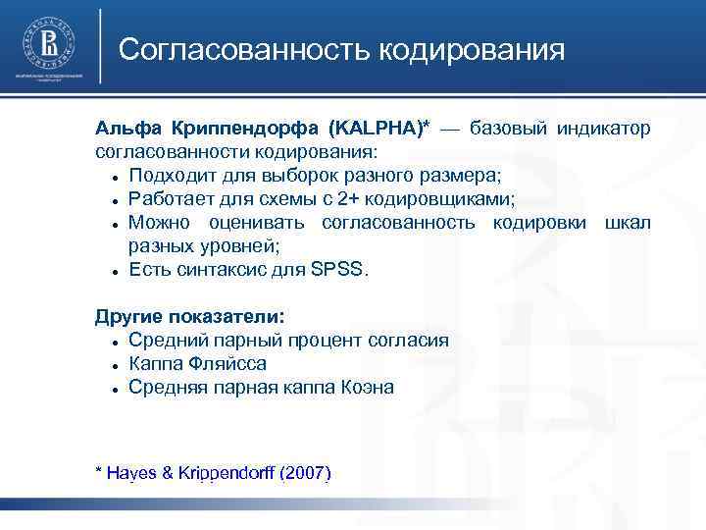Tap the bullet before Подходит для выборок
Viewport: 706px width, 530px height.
pyautogui.click(x=116, y=178)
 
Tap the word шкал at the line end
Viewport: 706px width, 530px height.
pyautogui.click(x=628, y=223)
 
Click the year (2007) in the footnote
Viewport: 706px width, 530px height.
pyautogui.click(x=306, y=473)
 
